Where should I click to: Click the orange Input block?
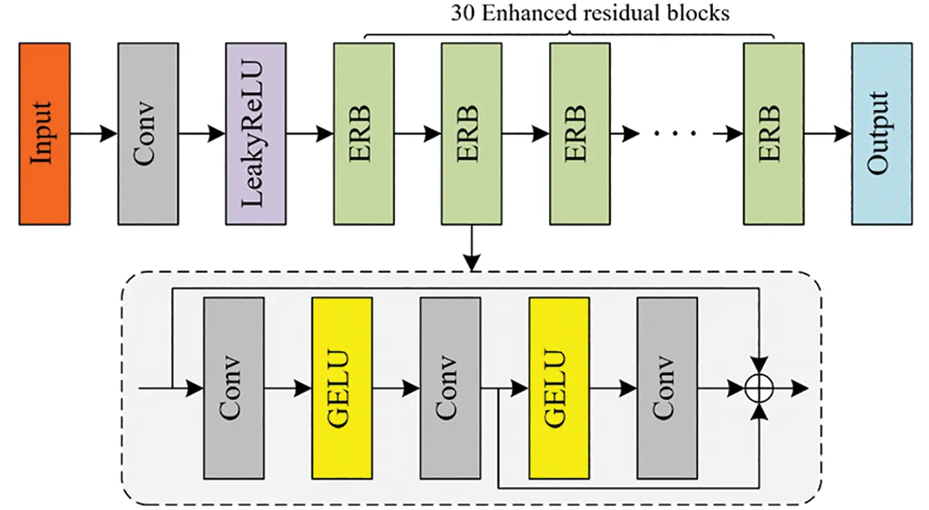pos(45,134)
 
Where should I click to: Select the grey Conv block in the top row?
pos(148,134)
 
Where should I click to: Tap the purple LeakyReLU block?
pos(256,134)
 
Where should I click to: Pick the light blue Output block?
pos(882,134)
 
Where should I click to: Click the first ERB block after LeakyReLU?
pos(364,134)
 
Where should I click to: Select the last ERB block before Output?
pos(774,134)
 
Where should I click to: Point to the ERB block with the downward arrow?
pos(471,134)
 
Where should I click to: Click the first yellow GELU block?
pos(342,388)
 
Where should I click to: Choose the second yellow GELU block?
pos(559,388)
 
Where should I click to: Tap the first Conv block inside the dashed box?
pos(234,388)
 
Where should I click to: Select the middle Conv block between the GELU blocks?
pos(451,388)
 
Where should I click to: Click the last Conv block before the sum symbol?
pos(668,388)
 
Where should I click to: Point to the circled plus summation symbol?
pos(760,388)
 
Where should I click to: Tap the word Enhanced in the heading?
pos(530,13)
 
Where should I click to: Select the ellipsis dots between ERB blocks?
pos(675,133)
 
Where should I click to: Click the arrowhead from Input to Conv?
pos(109,134)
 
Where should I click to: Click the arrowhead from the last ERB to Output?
pos(843,134)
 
